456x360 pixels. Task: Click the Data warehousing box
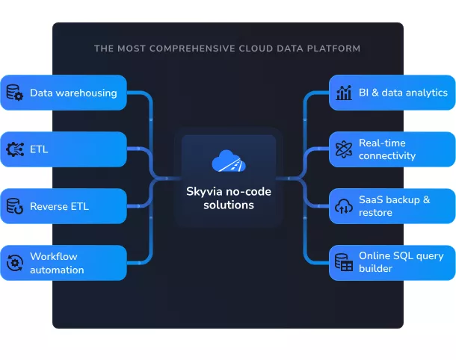pyautogui.click(x=64, y=93)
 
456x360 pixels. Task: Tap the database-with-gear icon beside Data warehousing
pyautogui.click(x=15, y=93)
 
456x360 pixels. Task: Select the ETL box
pyautogui.click(x=64, y=149)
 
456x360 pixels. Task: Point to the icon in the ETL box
pyautogui.click(x=15, y=149)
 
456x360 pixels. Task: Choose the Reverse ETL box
pyautogui.click(x=64, y=206)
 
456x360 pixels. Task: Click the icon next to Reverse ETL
pyautogui.click(x=15, y=206)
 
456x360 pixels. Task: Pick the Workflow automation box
pyautogui.click(x=64, y=263)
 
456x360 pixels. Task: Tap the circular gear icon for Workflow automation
pyautogui.click(x=15, y=263)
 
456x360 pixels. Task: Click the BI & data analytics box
pyautogui.click(x=392, y=93)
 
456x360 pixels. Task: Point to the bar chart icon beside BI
pyautogui.click(x=344, y=93)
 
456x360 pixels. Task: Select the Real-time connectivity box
pyautogui.click(x=392, y=149)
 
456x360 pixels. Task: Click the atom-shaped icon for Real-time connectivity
pyautogui.click(x=344, y=149)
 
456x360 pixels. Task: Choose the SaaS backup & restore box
pyautogui.click(x=392, y=206)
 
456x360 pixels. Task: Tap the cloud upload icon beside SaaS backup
pyautogui.click(x=344, y=207)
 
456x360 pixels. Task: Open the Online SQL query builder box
pyautogui.click(x=392, y=263)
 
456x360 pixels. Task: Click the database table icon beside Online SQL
pyautogui.click(x=344, y=263)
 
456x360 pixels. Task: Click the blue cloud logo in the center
pyautogui.click(x=228, y=161)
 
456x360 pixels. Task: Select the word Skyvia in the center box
pyautogui.click(x=203, y=191)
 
